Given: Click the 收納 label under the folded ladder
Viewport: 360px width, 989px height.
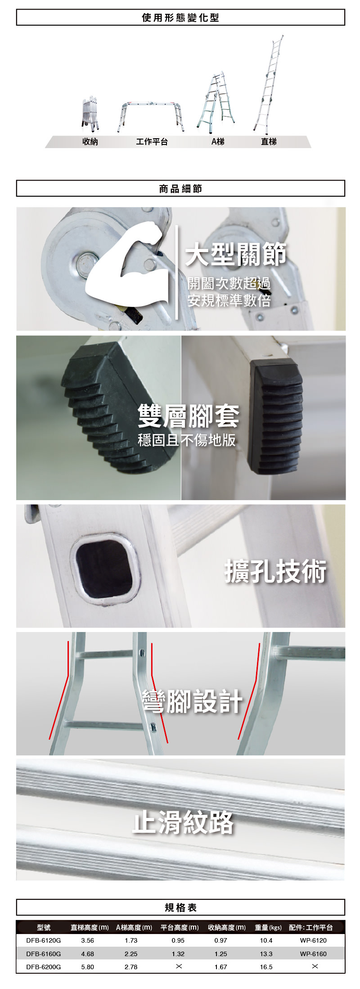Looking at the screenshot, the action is point(90,142).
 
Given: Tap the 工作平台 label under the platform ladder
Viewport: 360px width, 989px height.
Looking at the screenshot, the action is point(152,142).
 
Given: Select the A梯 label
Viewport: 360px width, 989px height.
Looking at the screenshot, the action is point(218,142).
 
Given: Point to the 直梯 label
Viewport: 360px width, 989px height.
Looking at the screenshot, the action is point(269,142).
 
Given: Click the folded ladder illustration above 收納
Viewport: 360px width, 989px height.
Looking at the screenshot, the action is point(90,114).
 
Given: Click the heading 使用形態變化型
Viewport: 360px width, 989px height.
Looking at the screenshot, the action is point(180,18).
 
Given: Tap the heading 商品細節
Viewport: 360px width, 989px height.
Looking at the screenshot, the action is point(180,189).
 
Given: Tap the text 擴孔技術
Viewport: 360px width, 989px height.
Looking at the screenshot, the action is point(275,572).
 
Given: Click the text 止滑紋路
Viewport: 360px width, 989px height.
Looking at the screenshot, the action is point(183,822).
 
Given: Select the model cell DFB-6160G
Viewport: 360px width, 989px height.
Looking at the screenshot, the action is point(44,953).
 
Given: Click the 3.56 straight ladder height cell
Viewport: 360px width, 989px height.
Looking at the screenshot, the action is point(88,940).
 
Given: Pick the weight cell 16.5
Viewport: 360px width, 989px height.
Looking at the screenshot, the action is point(266,966).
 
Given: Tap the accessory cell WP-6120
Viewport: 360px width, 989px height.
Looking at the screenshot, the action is point(314,940).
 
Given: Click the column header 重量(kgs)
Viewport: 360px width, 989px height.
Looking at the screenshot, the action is point(268,927).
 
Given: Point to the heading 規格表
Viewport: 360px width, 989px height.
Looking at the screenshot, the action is point(180,908).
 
